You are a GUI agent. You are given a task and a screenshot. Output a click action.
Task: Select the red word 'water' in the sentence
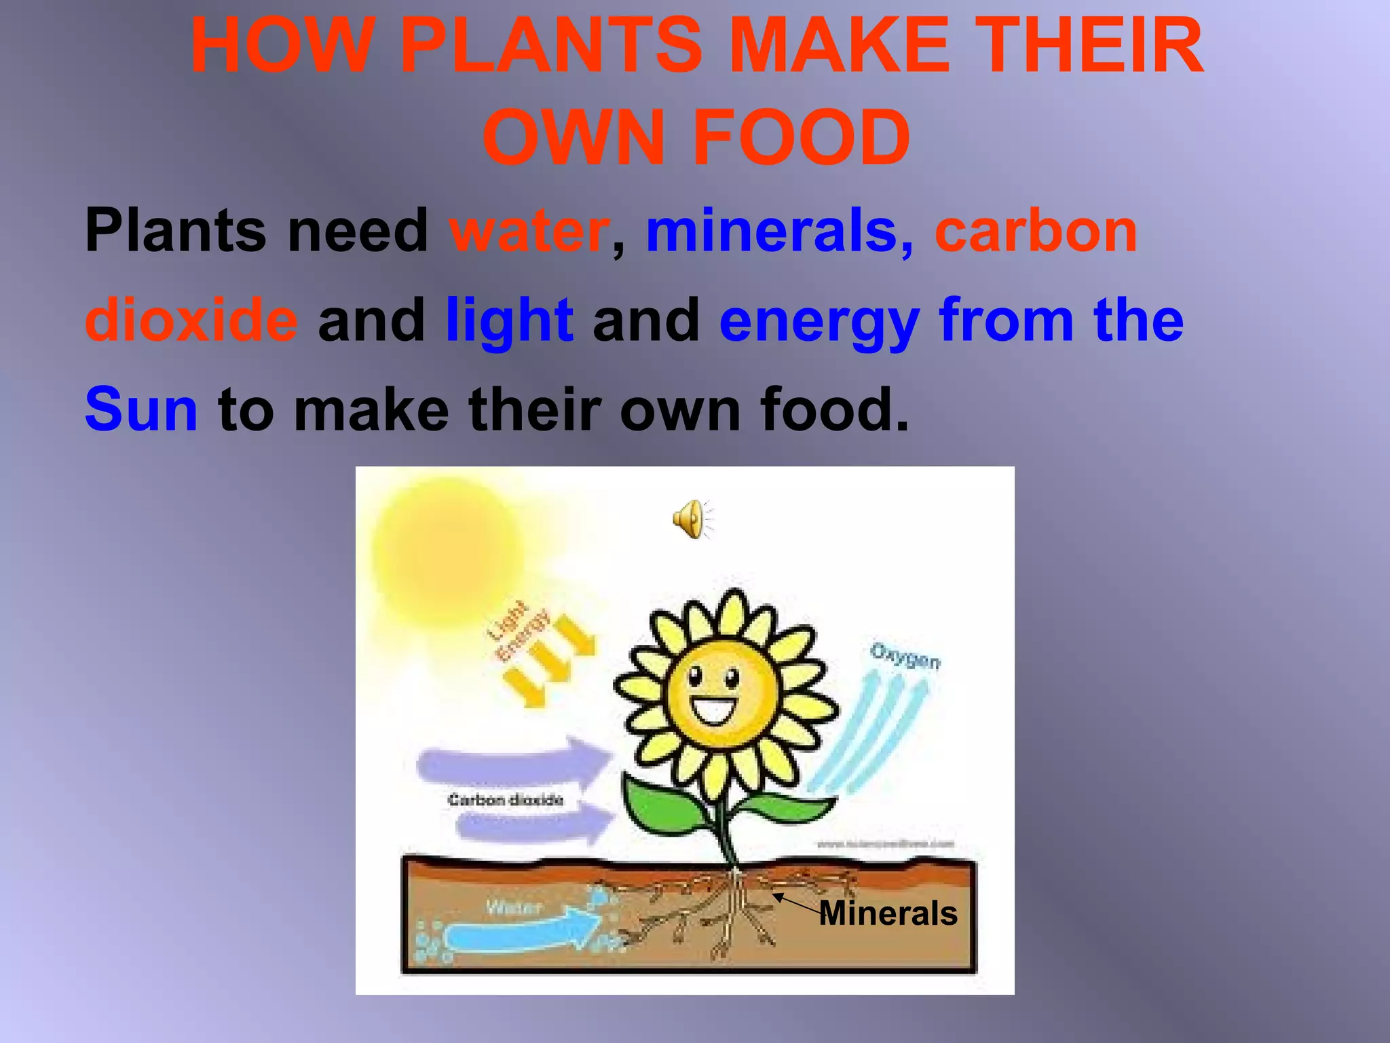coord(529,232)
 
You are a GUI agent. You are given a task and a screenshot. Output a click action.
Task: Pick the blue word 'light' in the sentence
coord(509,321)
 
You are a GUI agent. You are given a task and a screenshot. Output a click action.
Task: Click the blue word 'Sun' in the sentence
coord(141,409)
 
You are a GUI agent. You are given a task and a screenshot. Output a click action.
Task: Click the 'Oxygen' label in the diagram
coord(905,656)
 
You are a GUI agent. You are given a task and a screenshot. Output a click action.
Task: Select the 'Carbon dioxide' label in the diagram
coord(506,800)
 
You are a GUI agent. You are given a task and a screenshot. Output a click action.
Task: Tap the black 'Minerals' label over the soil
coord(888,913)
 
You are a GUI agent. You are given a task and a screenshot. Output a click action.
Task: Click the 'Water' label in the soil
coord(514,907)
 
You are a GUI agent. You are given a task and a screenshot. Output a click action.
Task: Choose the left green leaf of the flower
coord(662,808)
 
